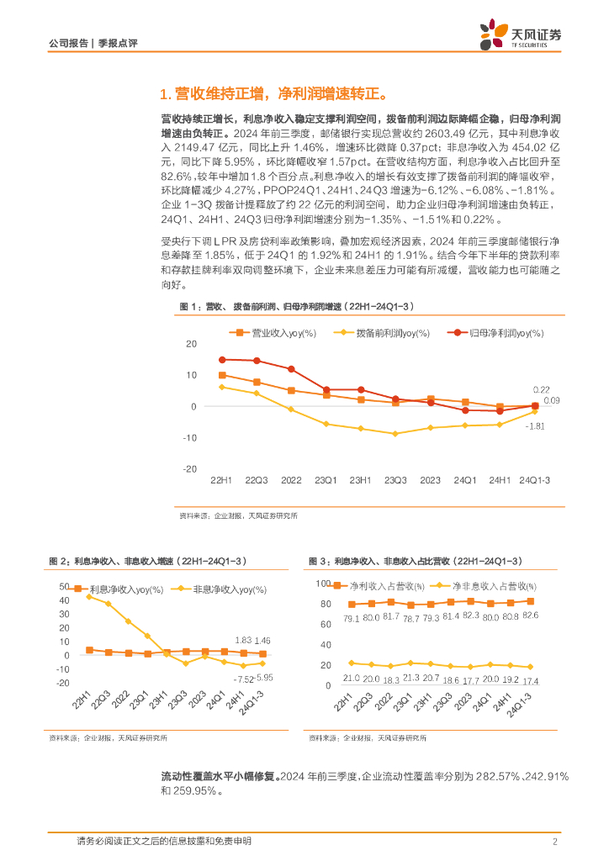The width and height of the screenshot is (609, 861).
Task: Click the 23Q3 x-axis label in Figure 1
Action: (395, 480)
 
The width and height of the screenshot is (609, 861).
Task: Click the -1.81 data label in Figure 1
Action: (535, 427)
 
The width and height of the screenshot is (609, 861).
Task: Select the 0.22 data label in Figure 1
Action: (542, 389)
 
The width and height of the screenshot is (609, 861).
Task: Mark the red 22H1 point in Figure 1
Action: (222, 360)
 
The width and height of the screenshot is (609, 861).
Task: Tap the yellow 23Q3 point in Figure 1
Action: (395, 434)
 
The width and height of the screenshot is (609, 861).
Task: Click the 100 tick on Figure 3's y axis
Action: (324, 583)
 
